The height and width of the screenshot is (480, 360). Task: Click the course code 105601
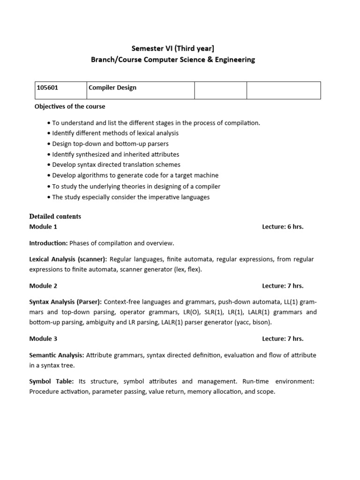47,88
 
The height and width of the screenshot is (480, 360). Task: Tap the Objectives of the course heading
70,106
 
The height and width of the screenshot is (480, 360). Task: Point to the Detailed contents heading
55,217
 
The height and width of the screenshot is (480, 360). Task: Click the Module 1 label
43,227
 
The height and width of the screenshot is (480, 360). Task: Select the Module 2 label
43,286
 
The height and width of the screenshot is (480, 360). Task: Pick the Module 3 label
43,339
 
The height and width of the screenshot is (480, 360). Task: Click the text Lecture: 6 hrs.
283,227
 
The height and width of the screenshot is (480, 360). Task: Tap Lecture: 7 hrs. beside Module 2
283,286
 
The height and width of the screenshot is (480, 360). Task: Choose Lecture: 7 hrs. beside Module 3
283,339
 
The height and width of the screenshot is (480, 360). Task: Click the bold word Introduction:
49,243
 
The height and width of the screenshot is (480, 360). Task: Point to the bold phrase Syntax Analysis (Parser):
66,301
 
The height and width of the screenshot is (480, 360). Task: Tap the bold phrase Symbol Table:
52,382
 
